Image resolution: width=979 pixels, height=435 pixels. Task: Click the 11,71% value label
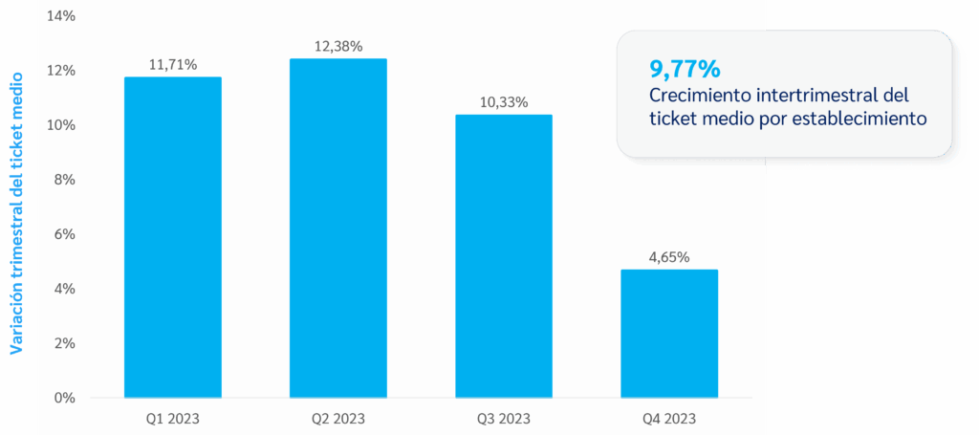point(173,65)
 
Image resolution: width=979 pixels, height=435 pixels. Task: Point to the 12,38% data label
point(338,46)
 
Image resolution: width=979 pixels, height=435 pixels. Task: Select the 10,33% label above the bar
point(504,102)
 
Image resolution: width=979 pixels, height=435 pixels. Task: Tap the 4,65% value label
point(669,257)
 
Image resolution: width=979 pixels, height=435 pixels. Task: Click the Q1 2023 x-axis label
point(173,419)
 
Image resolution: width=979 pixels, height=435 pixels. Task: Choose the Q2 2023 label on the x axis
point(338,419)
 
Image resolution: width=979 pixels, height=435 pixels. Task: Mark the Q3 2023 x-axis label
point(504,419)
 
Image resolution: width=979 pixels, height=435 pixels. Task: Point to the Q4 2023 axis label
point(669,419)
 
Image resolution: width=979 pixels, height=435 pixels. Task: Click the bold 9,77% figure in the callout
point(684,69)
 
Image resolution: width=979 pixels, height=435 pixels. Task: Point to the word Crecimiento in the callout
point(695,96)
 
